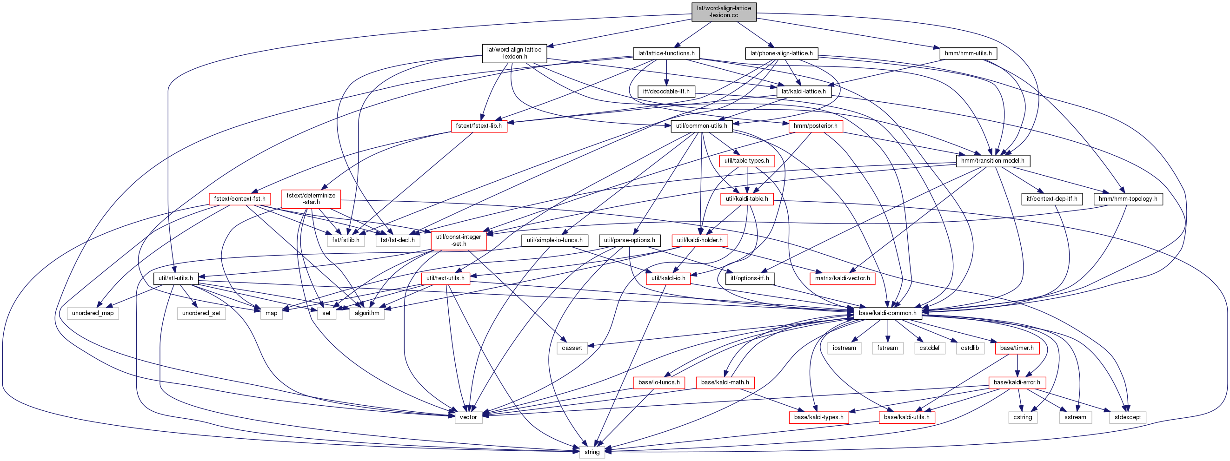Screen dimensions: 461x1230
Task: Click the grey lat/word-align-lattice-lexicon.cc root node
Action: coord(724,12)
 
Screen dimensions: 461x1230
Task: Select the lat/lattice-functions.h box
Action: coord(666,53)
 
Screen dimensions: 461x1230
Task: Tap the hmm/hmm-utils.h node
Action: coord(968,53)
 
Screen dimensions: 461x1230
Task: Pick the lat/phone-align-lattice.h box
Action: coord(781,53)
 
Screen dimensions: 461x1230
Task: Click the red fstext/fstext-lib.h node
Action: coord(479,126)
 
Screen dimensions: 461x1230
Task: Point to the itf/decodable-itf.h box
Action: coord(666,91)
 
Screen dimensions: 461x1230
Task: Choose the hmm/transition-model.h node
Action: coord(993,161)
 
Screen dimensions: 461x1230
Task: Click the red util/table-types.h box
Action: coord(746,161)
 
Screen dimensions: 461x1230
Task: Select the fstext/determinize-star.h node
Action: coord(311,198)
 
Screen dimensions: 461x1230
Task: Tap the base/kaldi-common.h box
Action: coord(887,313)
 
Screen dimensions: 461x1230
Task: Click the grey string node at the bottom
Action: coord(592,452)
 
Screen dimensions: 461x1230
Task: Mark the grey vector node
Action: coord(468,417)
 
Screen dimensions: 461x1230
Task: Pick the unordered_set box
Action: coord(201,313)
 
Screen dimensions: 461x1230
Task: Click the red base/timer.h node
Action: coord(1017,348)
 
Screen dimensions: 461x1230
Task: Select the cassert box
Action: coord(572,348)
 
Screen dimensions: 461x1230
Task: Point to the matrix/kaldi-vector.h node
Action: coord(842,278)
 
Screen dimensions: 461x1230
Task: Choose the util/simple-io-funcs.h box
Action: coord(554,240)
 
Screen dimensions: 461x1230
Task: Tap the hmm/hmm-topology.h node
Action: coord(1128,198)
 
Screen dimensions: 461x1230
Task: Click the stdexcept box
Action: coord(1127,417)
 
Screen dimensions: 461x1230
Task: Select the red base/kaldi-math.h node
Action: coord(725,382)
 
